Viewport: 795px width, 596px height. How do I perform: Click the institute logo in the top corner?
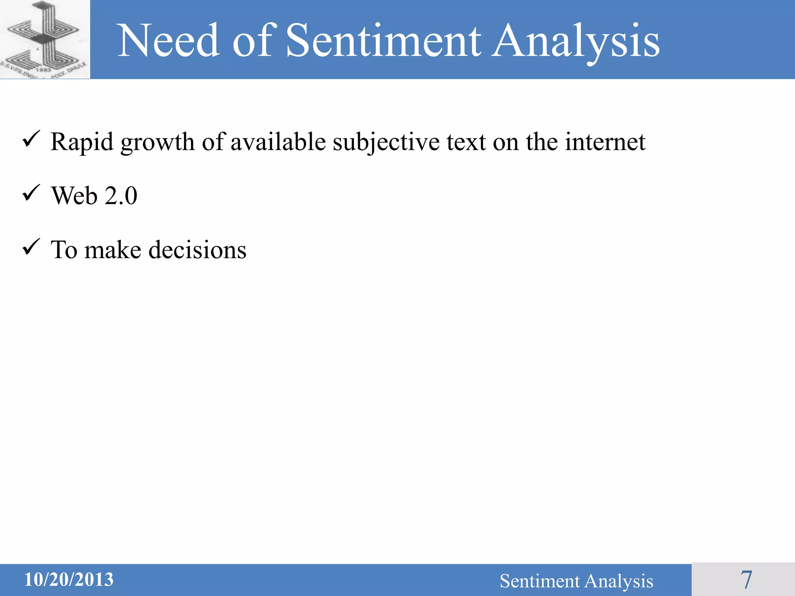[x=45, y=39]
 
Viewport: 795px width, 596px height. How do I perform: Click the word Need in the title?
[x=168, y=41]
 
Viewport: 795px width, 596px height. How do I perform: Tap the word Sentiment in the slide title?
[x=383, y=41]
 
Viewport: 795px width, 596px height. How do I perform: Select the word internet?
[x=605, y=142]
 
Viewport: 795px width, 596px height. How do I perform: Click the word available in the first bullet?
[x=278, y=142]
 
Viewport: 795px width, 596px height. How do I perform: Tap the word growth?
[x=157, y=142]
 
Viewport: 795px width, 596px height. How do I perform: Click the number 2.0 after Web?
[x=121, y=196]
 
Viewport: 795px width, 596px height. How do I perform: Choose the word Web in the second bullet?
[x=74, y=196]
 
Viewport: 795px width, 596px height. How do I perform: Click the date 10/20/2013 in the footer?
[x=69, y=580]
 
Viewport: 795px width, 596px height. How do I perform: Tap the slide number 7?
[x=746, y=580]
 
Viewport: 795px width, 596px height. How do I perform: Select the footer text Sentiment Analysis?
[x=576, y=581]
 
